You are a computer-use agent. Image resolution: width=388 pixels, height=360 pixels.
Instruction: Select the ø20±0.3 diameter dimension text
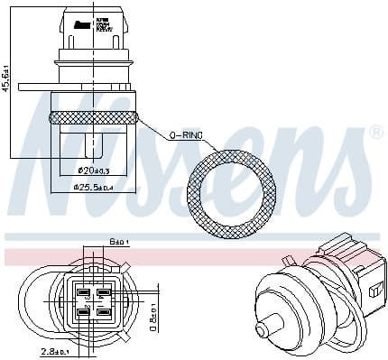pos(94,171)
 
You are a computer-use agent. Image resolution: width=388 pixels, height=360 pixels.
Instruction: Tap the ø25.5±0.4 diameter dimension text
pos(94,188)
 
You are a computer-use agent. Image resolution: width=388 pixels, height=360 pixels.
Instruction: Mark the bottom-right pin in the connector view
pos(104,313)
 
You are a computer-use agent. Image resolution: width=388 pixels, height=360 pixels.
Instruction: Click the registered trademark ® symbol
pos(376,133)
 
